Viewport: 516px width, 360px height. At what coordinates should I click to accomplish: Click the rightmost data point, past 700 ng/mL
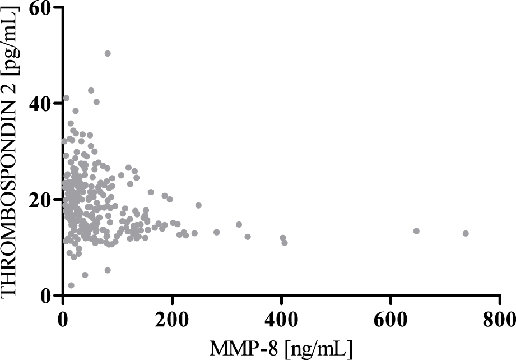pyautogui.click(x=466, y=233)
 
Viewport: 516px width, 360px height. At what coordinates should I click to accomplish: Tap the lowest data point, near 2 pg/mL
pyautogui.click(x=71, y=285)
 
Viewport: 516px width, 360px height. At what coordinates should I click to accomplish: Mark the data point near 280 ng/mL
pyautogui.click(x=216, y=232)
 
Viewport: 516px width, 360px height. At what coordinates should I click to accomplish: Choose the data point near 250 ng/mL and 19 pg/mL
pyautogui.click(x=198, y=205)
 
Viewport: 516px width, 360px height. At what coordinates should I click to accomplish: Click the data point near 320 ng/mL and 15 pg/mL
pyautogui.click(x=239, y=224)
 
